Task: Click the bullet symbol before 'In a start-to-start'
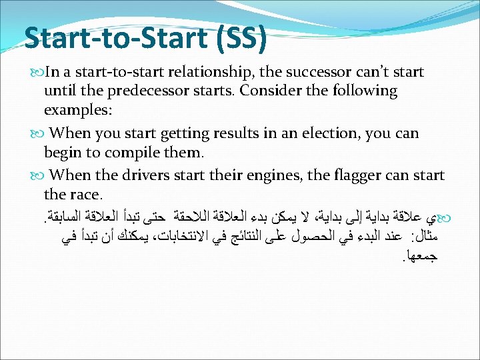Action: (x=35, y=72)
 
